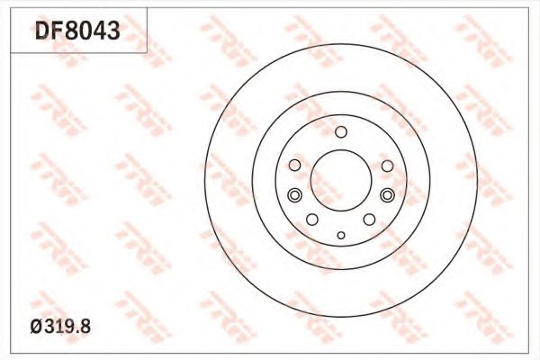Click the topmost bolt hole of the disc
tap(340, 133)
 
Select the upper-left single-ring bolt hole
tap(294, 166)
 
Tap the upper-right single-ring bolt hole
tap(387, 166)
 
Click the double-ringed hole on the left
tap(293, 195)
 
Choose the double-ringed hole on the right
tap(387, 195)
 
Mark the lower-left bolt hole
tap(311, 220)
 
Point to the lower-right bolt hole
tap(369, 220)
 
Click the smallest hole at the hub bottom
tap(340, 235)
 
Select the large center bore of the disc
tap(340, 180)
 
